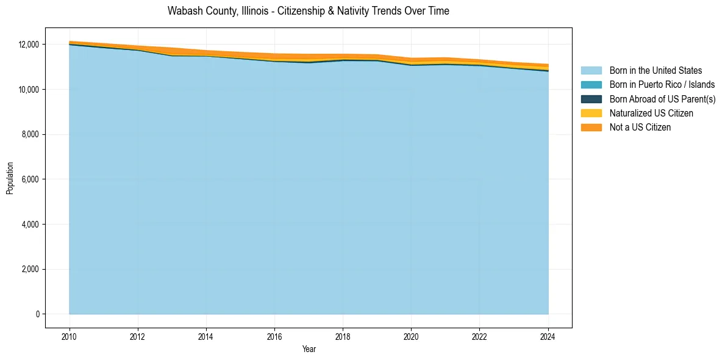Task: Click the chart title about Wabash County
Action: coord(308,11)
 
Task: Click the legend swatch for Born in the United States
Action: coord(591,71)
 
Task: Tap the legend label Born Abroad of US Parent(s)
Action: coord(662,99)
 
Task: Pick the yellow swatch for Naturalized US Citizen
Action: coord(591,113)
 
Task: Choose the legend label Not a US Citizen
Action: coord(640,128)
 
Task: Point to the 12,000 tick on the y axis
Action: coord(29,45)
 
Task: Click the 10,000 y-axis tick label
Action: coord(29,90)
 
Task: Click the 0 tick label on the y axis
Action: coord(37,314)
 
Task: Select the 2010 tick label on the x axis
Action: coord(70,335)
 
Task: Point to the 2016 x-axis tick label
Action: coord(275,335)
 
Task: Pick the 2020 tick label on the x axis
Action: coord(412,335)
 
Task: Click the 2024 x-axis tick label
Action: coord(548,335)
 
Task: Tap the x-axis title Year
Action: coord(309,349)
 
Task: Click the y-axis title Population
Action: coord(10,178)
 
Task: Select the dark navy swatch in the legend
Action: coord(591,99)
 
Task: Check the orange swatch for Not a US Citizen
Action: coord(591,128)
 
